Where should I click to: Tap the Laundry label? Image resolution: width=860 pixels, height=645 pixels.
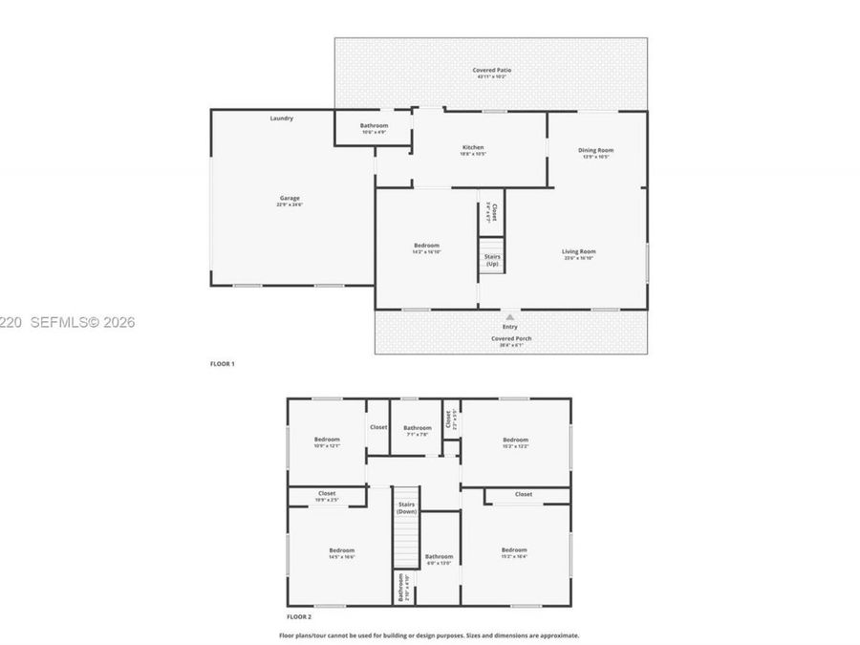click(x=281, y=118)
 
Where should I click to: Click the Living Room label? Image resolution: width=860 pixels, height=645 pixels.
click(x=579, y=254)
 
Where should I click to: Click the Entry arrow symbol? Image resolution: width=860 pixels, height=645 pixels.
click(x=509, y=316)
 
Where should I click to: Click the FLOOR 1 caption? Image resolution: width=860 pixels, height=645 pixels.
click(x=222, y=364)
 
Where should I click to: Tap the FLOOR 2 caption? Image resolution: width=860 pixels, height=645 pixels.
click(x=299, y=617)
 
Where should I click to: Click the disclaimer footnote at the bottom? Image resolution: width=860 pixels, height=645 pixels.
click(x=428, y=634)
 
